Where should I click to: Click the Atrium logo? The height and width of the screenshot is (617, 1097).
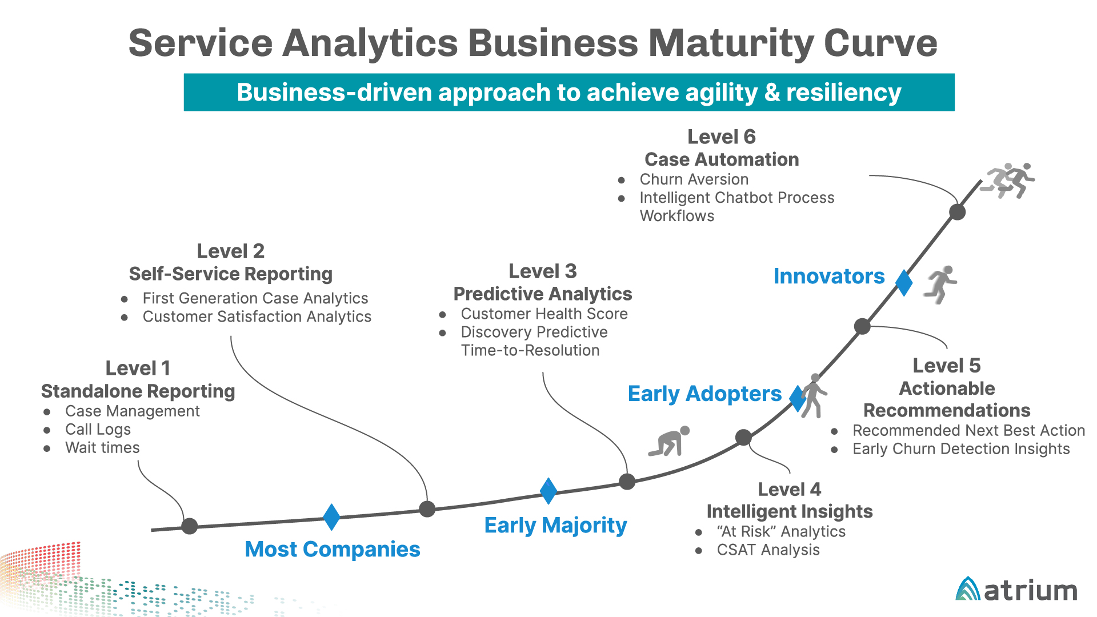pyautogui.click(x=1016, y=589)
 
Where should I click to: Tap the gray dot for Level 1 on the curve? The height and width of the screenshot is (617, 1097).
pyautogui.click(x=190, y=526)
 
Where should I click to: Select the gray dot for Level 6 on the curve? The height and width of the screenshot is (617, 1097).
pyautogui.click(x=958, y=212)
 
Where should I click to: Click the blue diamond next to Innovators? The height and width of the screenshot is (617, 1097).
pyautogui.click(x=904, y=283)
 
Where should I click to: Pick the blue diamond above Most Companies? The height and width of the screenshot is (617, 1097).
pyautogui.click(x=331, y=517)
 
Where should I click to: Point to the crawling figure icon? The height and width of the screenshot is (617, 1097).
pyautogui.click(x=669, y=441)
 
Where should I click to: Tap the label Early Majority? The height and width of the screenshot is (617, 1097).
pyautogui.click(x=555, y=525)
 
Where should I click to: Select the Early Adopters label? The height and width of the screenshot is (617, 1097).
pyautogui.click(x=704, y=394)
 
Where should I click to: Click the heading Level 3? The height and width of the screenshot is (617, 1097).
pyautogui.click(x=543, y=271)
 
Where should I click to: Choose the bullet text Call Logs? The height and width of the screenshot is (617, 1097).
pyautogui.click(x=98, y=430)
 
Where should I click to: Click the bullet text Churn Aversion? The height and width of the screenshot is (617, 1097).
pyautogui.click(x=694, y=179)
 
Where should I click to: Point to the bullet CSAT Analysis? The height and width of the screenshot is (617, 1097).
pyautogui.click(x=768, y=550)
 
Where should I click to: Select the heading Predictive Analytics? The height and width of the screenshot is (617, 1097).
pyautogui.click(x=543, y=294)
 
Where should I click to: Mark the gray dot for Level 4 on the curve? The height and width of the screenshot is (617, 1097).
pyautogui.click(x=743, y=438)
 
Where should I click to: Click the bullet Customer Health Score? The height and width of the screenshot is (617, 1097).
pyautogui.click(x=545, y=314)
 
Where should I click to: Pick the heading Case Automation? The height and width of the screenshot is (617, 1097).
pyautogui.click(x=722, y=159)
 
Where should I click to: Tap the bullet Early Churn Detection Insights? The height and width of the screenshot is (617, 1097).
pyautogui.click(x=961, y=449)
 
